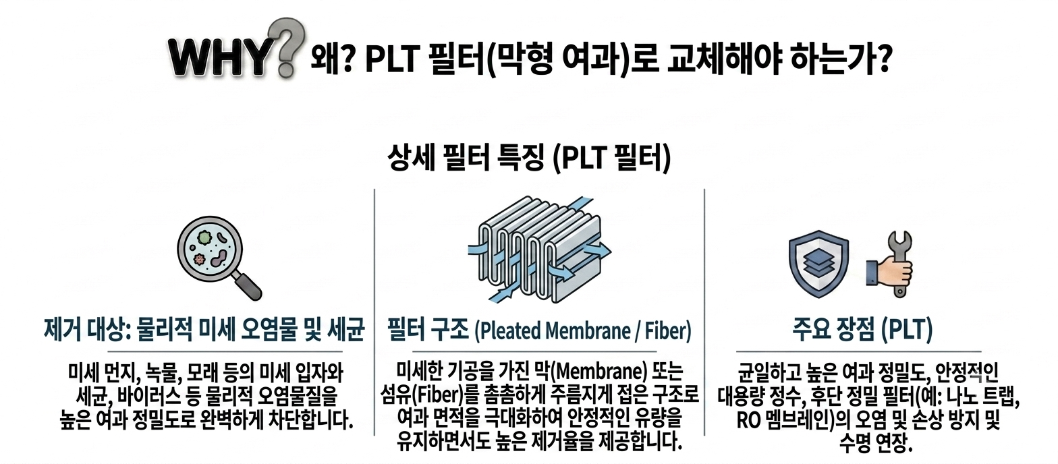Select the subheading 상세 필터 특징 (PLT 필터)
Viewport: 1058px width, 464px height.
[x=528, y=158]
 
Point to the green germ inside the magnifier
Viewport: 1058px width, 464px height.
[x=204, y=237]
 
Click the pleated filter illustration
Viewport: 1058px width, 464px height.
[x=539, y=250]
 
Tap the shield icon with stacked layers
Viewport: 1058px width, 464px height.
[x=818, y=264]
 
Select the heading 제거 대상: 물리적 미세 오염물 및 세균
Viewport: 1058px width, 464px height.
[x=204, y=330]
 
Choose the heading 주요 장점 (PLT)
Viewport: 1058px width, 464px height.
[x=862, y=330]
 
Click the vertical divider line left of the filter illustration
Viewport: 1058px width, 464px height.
[x=374, y=312]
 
